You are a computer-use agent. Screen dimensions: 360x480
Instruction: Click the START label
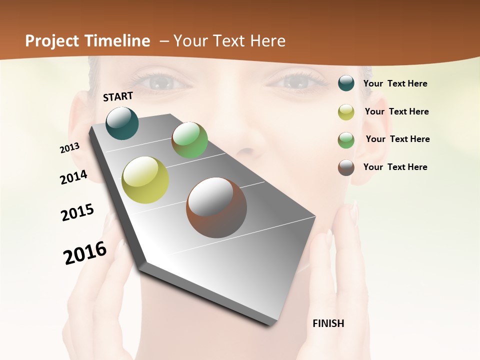(x=118, y=96)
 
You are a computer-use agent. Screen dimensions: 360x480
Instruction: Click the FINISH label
(x=328, y=323)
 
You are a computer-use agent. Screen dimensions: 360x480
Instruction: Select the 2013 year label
(x=69, y=148)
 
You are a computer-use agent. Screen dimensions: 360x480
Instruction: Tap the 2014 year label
(x=73, y=177)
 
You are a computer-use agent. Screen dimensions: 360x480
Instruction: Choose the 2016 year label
(x=85, y=253)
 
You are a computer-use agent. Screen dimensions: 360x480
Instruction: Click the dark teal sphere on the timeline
(x=122, y=123)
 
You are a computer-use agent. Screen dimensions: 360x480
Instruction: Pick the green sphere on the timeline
(x=189, y=140)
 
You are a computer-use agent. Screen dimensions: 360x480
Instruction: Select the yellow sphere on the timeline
(x=145, y=180)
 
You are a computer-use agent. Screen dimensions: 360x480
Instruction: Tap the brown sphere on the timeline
(x=216, y=207)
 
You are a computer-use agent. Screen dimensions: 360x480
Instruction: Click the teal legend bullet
(x=346, y=83)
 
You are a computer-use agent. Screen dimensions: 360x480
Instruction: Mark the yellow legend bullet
(x=346, y=112)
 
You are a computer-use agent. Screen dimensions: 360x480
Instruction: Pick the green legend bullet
(x=346, y=140)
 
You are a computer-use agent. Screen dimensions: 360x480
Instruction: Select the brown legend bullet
(x=346, y=167)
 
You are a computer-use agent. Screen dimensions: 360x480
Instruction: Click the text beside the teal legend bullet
(x=395, y=84)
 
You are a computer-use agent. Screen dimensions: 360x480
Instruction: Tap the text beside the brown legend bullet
(x=395, y=167)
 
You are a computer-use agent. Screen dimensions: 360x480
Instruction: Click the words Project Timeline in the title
(x=87, y=41)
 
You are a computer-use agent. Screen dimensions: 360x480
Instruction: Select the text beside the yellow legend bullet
(x=396, y=111)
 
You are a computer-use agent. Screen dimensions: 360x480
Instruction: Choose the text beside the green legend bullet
(x=397, y=139)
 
